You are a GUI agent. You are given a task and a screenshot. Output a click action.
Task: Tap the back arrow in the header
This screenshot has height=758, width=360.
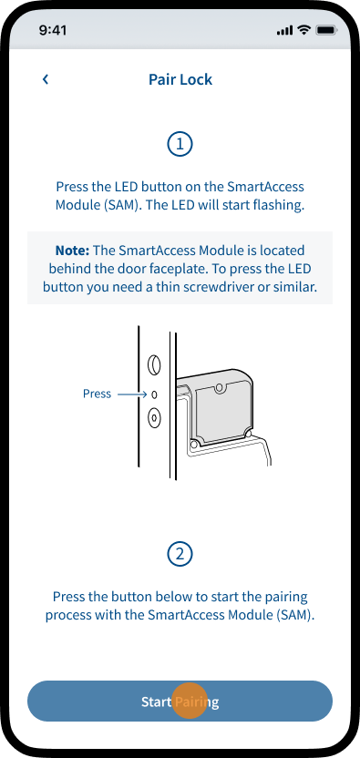click(x=46, y=79)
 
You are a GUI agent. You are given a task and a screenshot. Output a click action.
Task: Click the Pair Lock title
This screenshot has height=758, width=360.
click(x=180, y=79)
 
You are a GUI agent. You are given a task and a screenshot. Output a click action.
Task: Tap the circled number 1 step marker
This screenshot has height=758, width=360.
click(x=180, y=144)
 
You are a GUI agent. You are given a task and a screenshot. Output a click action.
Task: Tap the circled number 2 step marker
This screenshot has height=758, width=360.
click(x=180, y=554)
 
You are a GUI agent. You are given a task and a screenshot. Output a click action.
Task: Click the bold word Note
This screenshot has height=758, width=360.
click(x=73, y=251)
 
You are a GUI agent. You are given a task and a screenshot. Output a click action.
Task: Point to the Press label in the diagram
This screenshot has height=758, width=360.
click(x=97, y=394)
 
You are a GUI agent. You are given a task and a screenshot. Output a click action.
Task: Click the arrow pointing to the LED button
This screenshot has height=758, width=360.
click(x=132, y=394)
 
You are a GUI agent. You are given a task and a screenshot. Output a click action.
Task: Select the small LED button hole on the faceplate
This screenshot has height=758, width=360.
click(x=154, y=395)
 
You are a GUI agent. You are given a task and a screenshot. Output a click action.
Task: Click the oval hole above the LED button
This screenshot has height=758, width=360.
click(x=154, y=365)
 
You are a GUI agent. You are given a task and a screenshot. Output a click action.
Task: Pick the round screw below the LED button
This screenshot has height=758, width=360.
click(x=154, y=417)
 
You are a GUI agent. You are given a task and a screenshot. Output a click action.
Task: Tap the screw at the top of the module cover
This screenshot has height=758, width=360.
click(x=221, y=387)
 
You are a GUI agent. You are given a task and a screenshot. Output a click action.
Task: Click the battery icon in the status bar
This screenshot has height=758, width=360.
click(x=325, y=30)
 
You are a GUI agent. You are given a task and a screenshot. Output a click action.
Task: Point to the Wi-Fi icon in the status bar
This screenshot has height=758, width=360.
click(x=303, y=30)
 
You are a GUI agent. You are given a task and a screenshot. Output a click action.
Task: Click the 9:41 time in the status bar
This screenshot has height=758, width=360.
click(x=53, y=30)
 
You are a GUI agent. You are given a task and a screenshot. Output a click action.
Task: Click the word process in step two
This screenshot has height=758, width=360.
click(x=66, y=616)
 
